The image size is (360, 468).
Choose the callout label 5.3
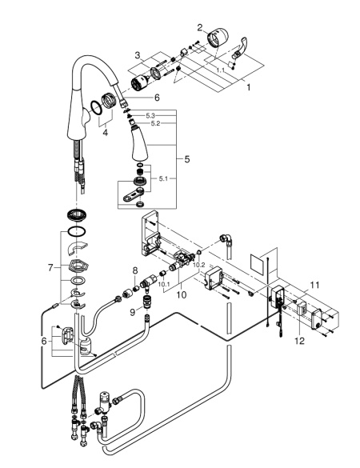pos(150,116)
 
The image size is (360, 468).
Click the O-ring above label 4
pos(98,108)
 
